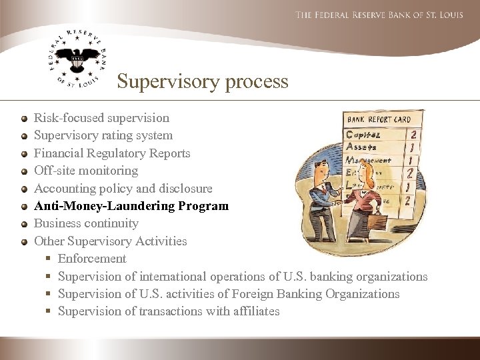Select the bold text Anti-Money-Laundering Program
click(x=131, y=205)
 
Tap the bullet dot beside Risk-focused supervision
click(x=24, y=119)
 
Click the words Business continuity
click(x=86, y=223)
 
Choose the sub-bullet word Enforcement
click(x=92, y=258)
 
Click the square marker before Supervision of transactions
click(x=49, y=311)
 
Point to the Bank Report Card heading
click(x=378, y=120)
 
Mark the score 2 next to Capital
click(x=415, y=134)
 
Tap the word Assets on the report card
click(x=362, y=147)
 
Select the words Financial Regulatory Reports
click(x=112, y=153)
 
